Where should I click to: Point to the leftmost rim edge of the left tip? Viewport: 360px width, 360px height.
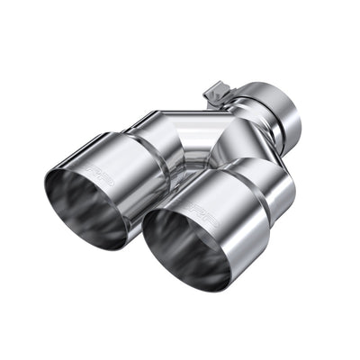click(x=45, y=193)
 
